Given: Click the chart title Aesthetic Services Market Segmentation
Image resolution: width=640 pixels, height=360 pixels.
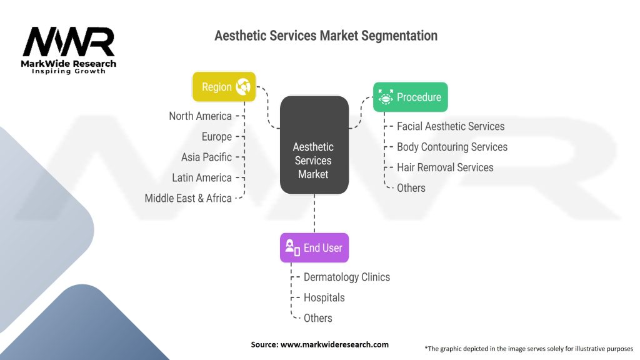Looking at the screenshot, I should coord(326,36).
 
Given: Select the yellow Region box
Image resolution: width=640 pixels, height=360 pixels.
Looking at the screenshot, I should coord(224,87).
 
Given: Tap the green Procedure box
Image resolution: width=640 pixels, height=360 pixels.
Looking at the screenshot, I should coord(410,97).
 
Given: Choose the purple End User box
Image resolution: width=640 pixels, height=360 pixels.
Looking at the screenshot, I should coord(314,247).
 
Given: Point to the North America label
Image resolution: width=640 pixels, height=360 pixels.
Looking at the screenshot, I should coord(200,116).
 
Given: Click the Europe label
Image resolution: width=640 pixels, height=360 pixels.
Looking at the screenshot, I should coord(216,137).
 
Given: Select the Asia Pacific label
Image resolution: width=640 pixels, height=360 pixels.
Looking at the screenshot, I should coord(206,157).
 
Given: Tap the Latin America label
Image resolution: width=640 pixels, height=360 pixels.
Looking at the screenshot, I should coord(201,177).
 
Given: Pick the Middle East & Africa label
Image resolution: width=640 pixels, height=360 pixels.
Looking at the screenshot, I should coord(188,198).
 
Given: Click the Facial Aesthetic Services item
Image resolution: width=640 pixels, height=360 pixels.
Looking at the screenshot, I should coord(450,126).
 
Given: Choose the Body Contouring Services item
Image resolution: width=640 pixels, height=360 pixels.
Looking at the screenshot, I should coord(452,147).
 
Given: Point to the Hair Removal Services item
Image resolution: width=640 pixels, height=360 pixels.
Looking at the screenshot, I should coord(445,167).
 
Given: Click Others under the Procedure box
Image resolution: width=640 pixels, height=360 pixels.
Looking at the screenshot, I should coord(411,188).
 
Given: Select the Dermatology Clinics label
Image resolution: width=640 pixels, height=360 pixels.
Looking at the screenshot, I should coord(346,277).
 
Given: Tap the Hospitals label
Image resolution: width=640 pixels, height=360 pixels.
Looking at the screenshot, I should coord(324,297).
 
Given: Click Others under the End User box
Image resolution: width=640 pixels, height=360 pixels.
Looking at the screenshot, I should coord(317,318).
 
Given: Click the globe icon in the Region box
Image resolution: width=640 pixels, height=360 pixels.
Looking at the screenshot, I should coord(243,87).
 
